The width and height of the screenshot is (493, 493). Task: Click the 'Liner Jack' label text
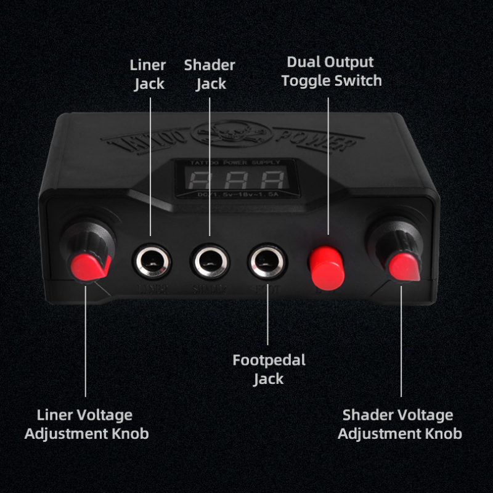click(x=148, y=74)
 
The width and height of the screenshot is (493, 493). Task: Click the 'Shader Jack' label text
click(x=210, y=74)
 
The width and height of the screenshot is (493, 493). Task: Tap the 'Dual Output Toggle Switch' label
click(x=332, y=71)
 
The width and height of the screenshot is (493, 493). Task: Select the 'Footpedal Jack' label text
click(x=269, y=369)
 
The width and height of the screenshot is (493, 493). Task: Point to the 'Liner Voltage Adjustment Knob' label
click(x=86, y=424)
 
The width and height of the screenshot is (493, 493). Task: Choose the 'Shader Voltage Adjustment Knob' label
click(x=400, y=424)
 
